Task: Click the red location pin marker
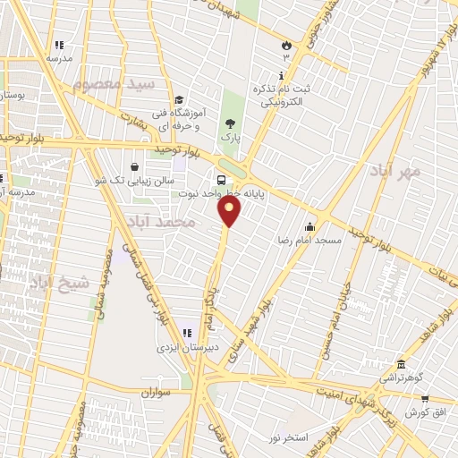click(230, 212)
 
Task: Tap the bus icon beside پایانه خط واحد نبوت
click(221, 180)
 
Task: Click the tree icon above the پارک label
click(231, 124)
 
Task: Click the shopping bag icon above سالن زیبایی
click(134, 165)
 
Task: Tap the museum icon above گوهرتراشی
click(399, 364)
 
